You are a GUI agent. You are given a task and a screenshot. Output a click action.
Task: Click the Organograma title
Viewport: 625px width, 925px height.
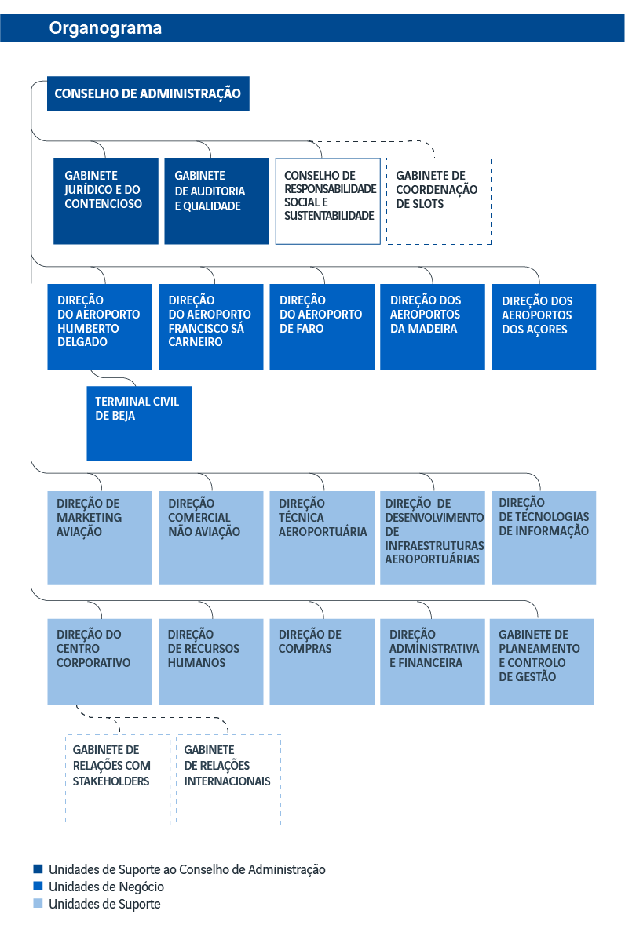[105, 27]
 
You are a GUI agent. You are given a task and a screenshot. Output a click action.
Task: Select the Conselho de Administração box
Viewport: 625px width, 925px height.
[148, 93]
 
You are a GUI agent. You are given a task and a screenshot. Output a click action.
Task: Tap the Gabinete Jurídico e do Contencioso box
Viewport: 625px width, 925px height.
[106, 201]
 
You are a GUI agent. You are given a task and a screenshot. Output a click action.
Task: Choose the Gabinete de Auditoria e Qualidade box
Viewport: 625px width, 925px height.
[217, 201]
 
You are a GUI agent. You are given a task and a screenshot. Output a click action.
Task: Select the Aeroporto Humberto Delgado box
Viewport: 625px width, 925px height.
[100, 327]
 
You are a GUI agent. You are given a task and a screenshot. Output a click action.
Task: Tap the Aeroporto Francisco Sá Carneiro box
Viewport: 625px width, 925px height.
[210, 327]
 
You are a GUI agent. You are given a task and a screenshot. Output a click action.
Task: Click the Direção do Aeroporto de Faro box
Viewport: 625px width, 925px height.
[322, 327]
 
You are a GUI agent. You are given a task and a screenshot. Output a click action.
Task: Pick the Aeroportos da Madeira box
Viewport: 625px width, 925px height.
[433, 327]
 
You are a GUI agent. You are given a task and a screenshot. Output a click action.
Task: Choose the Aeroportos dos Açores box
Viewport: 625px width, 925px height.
[543, 327]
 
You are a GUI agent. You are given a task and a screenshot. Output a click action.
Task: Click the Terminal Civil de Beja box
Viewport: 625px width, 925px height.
[139, 423]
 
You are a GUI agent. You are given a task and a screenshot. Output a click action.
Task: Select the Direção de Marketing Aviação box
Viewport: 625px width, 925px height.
[100, 538]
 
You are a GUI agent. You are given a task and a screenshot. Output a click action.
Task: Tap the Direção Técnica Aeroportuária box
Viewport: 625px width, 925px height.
[322, 538]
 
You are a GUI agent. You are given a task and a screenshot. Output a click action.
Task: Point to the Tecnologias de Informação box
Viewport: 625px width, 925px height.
[543, 538]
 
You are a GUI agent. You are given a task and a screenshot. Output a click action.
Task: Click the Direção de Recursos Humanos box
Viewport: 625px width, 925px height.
[210, 661]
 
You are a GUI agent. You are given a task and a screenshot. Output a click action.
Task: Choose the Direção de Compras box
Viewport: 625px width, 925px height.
[322, 661]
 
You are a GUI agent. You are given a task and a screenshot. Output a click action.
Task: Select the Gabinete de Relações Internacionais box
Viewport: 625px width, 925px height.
[228, 779]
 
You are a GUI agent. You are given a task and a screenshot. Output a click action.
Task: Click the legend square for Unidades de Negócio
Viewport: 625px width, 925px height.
[38, 886]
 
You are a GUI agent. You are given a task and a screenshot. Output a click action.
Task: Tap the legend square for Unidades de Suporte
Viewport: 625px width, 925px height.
[38, 903]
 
